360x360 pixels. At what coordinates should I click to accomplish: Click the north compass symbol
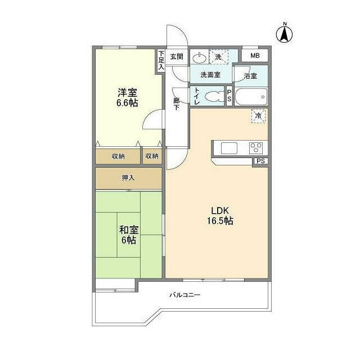(x=285, y=33)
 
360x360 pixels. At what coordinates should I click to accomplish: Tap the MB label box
(x=255, y=56)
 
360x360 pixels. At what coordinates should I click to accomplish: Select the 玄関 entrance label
(x=177, y=56)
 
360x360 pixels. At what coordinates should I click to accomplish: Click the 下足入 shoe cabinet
(x=161, y=60)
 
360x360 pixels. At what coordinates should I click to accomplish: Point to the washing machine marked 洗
(x=218, y=56)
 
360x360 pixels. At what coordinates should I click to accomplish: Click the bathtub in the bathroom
(x=250, y=96)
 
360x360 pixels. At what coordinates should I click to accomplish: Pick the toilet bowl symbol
(x=213, y=96)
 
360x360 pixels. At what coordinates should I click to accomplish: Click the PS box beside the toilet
(x=229, y=96)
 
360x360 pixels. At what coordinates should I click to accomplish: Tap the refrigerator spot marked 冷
(x=258, y=116)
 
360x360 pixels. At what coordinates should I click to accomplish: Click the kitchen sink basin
(x=230, y=148)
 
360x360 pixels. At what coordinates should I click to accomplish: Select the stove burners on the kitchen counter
(x=256, y=148)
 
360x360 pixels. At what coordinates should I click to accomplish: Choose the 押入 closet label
(x=128, y=178)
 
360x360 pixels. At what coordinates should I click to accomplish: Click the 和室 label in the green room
(x=128, y=229)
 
